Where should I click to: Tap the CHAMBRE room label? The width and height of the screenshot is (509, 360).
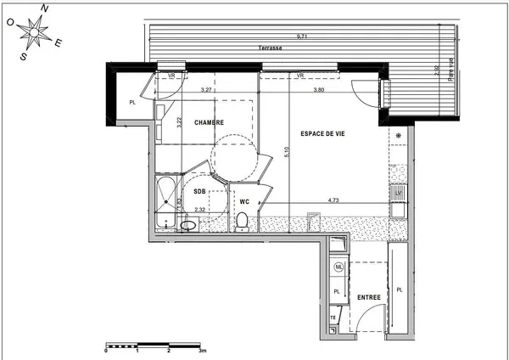click(x=209, y=123)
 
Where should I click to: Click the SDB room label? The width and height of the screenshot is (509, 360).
click(x=199, y=190)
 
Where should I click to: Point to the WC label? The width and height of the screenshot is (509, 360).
click(x=243, y=201)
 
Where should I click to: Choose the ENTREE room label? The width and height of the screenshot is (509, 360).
click(x=368, y=297)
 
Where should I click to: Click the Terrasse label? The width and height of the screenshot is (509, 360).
click(x=271, y=48)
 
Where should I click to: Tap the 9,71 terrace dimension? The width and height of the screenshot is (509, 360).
click(x=301, y=37)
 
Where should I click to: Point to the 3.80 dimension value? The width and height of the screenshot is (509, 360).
click(x=318, y=89)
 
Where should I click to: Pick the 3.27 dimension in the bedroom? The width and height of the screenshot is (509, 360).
click(x=206, y=89)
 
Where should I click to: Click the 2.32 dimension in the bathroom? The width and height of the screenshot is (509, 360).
click(x=200, y=210)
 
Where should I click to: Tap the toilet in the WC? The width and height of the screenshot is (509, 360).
click(x=243, y=222)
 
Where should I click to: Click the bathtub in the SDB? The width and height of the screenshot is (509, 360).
click(x=166, y=201)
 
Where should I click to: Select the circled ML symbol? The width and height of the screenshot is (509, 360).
click(x=338, y=267)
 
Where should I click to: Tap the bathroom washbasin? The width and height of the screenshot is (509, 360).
click(x=189, y=225)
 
